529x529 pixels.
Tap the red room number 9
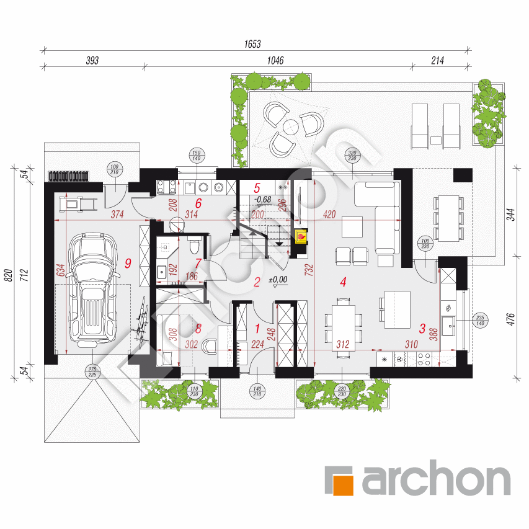click(127, 263)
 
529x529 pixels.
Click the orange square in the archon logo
click(339, 481)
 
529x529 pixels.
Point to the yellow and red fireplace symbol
click(301, 236)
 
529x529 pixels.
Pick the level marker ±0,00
click(278, 280)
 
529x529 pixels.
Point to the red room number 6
click(198, 203)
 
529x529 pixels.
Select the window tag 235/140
click(480, 320)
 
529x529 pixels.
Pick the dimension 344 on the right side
click(510, 216)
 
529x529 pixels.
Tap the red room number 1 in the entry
click(258, 327)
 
